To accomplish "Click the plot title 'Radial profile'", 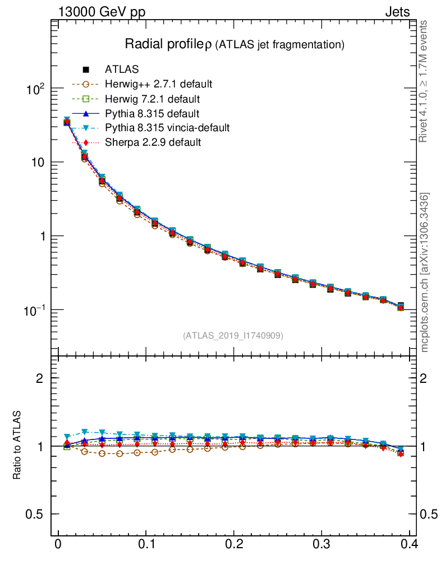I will [166, 44].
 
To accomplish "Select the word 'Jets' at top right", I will [397, 12].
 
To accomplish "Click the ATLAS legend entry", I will [122, 70].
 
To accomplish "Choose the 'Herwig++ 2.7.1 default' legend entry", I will [158, 84].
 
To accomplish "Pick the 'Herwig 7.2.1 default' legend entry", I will [152, 99].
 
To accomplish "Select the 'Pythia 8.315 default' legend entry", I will [152, 113].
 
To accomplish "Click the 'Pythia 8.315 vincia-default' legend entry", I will [167, 128].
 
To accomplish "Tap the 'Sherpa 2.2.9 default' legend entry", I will [153, 142].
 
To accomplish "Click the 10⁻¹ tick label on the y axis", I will [36, 310].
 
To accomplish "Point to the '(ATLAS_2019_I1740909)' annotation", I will [233, 336].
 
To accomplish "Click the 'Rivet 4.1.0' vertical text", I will [424, 81].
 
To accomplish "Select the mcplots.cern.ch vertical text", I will [424, 272].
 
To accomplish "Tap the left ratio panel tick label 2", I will [40, 378].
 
